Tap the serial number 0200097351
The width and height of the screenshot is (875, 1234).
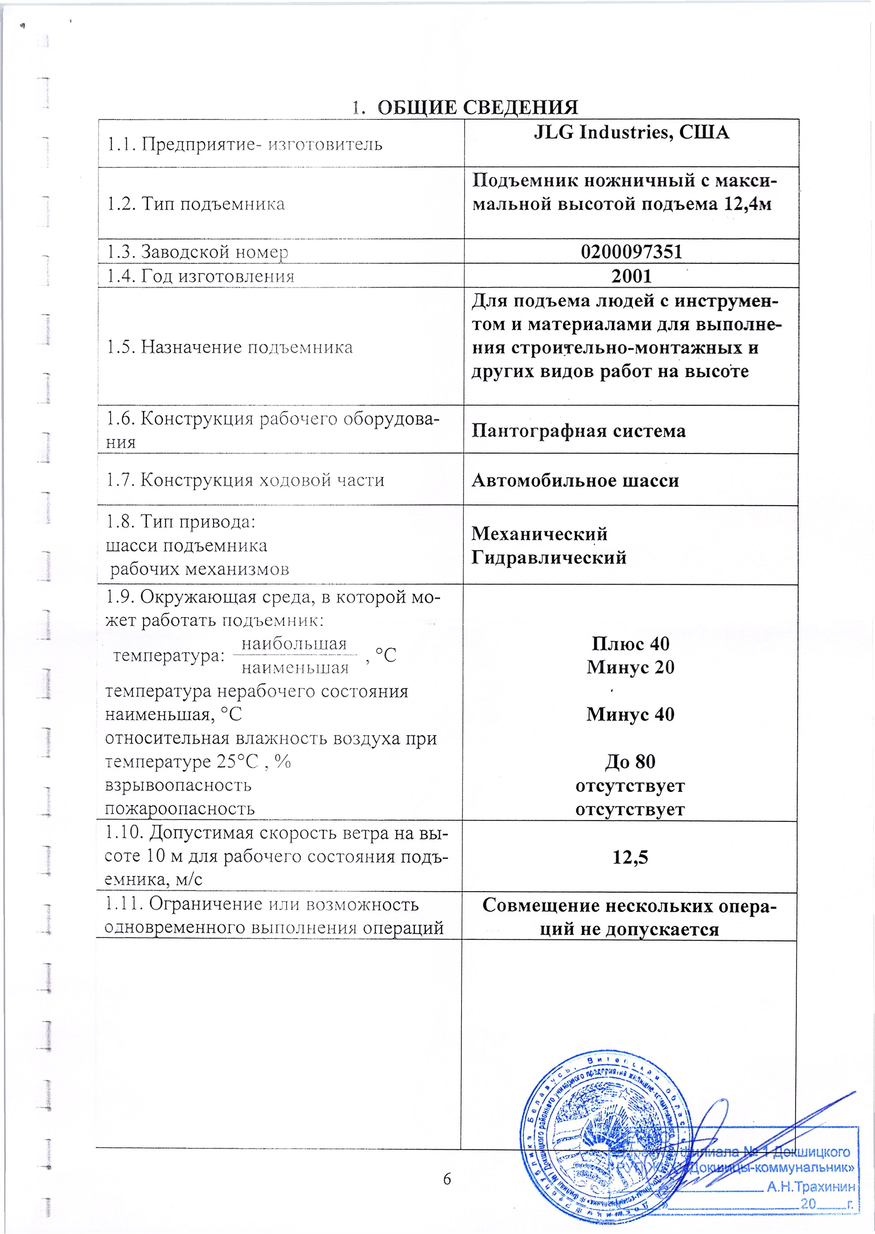631,252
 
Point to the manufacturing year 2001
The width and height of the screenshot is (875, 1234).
631,276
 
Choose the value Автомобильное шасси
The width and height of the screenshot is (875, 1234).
575,480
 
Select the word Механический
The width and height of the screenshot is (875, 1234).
539,534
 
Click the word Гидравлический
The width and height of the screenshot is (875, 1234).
549,557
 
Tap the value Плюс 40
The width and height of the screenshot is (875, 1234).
630,644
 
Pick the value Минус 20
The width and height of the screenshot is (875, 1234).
630,667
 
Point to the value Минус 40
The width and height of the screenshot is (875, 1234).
630,714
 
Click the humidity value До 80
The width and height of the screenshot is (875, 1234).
630,761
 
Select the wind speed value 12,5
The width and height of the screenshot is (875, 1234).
630,857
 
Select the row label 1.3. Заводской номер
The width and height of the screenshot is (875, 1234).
197,252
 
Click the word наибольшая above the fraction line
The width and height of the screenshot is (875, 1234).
294,644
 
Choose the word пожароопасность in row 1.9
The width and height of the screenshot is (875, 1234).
179,808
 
